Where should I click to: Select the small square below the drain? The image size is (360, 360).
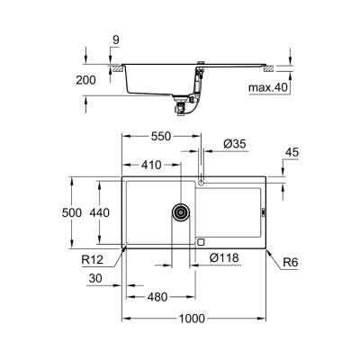coord(200,241)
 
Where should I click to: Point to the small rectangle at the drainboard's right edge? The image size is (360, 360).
coord(262,213)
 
